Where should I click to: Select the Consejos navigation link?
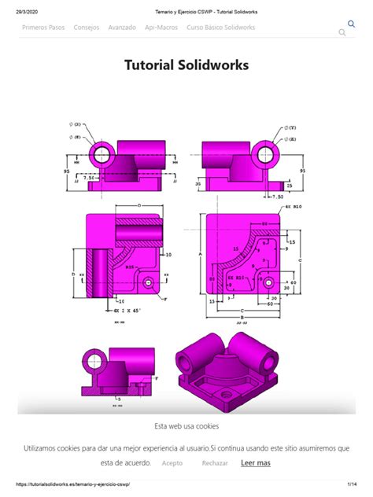[87, 28]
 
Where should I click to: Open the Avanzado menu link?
[122, 28]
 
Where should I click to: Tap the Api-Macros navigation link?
[161, 28]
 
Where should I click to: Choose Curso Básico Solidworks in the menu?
[220, 28]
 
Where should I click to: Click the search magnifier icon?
[342, 32]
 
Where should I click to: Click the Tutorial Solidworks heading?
[186, 65]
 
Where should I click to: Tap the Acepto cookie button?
[172, 463]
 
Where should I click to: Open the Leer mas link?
[256, 463]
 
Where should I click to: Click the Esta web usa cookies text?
[186, 425]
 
